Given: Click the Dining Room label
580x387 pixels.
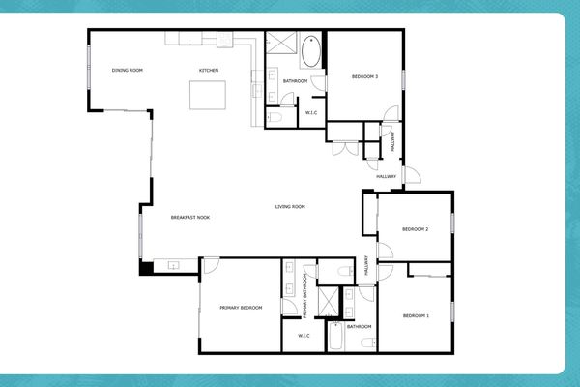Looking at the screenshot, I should pos(128,71).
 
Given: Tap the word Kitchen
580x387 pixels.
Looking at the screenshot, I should pos(209,71).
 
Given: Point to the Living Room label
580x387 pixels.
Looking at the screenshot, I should pos(290,207).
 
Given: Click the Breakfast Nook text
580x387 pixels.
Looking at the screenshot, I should pos(190,218).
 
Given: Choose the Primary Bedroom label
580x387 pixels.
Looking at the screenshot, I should pos(241,308).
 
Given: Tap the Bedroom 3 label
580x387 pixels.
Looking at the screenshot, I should pos(363,77).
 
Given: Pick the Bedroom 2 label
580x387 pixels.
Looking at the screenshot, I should pos(415,229).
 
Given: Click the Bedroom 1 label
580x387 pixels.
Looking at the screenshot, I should pos(415,316).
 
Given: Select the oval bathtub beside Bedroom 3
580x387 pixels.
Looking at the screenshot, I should pos(312,51).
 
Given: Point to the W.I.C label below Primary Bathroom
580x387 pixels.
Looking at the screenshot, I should pos(304,336).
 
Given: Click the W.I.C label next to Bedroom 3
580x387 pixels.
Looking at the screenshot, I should pos(311,113).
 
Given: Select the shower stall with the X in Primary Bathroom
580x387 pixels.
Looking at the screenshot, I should pos(329,302).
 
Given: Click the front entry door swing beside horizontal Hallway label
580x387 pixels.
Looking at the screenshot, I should pos(410,176).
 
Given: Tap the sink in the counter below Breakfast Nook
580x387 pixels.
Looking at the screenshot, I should pos(174,264).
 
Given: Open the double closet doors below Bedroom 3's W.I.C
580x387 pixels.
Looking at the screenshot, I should pos(343,148).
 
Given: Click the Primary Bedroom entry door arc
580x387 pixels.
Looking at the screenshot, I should pos(210,265).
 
